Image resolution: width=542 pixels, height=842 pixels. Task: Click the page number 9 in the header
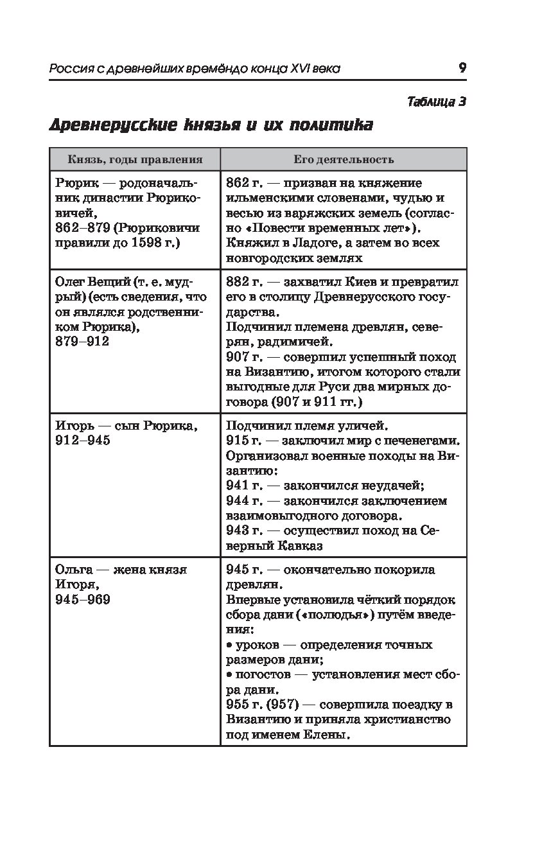pos(462,68)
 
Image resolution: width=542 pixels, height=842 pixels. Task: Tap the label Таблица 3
pos(436,101)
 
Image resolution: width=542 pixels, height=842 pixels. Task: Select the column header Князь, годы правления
pos(135,159)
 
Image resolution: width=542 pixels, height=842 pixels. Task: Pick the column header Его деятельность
pos(344,159)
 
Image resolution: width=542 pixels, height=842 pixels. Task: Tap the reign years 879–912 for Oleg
pos(83,341)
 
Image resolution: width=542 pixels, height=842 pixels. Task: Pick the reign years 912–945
pos(83,441)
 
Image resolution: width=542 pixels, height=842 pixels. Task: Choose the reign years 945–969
pos(83,599)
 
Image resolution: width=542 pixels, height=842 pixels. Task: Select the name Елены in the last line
pos(323,734)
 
